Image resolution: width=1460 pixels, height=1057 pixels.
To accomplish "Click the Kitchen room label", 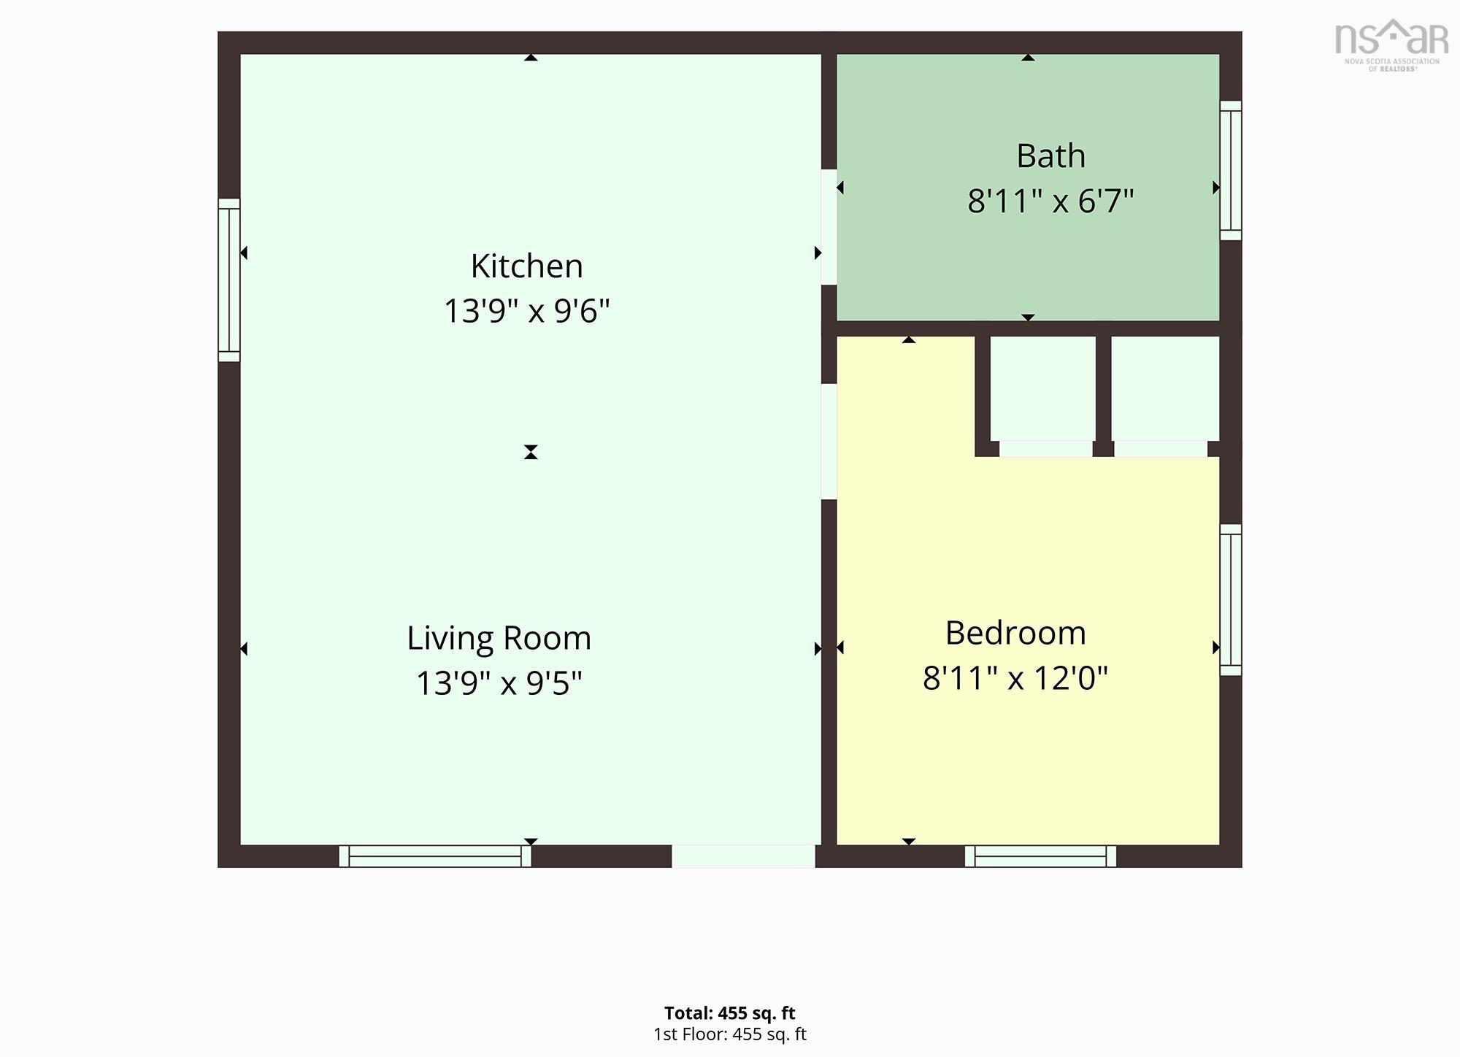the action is pyautogui.click(x=527, y=266).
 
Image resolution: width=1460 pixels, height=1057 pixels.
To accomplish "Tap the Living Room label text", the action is pyautogui.click(x=499, y=638).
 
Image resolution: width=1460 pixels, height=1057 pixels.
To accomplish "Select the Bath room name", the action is pyautogui.click(x=1050, y=155).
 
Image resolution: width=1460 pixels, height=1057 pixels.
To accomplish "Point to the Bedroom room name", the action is pyautogui.click(x=1015, y=633).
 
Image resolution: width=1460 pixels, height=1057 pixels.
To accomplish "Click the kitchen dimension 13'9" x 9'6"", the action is pyautogui.click(x=527, y=311).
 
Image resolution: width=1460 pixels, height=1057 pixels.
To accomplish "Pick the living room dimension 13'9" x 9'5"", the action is pyautogui.click(x=499, y=683).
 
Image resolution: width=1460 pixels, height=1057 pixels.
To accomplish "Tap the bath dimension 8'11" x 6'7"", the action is pyautogui.click(x=1050, y=201).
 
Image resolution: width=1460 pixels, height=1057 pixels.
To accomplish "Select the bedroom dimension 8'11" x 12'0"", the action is pyautogui.click(x=1015, y=678).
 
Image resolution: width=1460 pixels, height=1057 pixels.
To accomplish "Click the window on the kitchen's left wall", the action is pyautogui.click(x=229, y=280).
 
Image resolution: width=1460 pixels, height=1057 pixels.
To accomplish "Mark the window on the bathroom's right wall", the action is pyautogui.click(x=1231, y=170).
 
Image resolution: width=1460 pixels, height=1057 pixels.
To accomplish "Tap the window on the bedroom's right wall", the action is pyautogui.click(x=1231, y=599).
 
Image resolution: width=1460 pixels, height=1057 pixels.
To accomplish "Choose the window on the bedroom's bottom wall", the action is pyautogui.click(x=1040, y=856).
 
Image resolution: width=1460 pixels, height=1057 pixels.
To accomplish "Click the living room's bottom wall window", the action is pyautogui.click(x=435, y=856).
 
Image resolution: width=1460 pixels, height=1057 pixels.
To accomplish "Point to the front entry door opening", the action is pyautogui.click(x=743, y=856).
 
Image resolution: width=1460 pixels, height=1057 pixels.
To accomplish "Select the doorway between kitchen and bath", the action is pyautogui.click(x=829, y=227).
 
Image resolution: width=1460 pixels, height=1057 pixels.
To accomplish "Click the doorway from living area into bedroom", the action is pyautogui.click(x=829, y=442).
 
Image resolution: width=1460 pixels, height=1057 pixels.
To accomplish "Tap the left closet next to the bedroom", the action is pyautogui.click(x=1042, y=388).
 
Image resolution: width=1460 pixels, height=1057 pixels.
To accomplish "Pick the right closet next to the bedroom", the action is pyautogui.click(x=1165, y=388).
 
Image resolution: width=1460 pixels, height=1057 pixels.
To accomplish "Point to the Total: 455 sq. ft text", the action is pyautogui.click(x=730, y=1013).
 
